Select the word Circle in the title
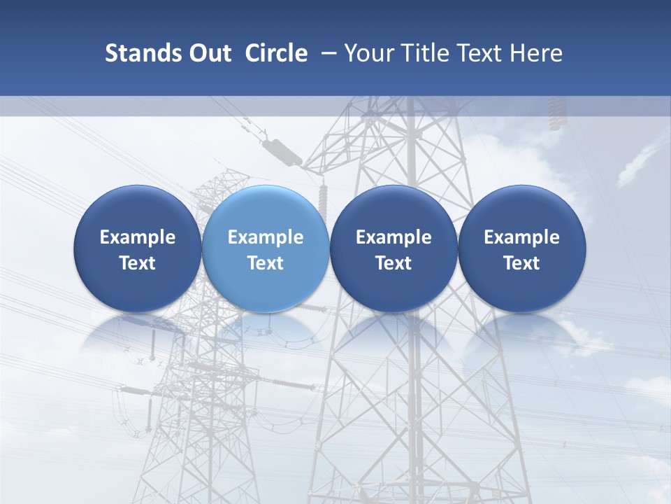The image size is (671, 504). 276,53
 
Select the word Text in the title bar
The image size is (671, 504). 481,53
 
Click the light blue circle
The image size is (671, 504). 266,248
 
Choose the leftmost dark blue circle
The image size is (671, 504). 137,248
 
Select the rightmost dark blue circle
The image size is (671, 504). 521,248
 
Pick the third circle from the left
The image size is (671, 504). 394,248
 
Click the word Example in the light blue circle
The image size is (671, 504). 266,237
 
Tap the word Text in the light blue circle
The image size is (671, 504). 266,263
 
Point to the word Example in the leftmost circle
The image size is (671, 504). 137,237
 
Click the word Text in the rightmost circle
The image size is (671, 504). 521,263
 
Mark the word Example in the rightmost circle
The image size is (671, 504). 521,237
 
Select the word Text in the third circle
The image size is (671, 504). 394,263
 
